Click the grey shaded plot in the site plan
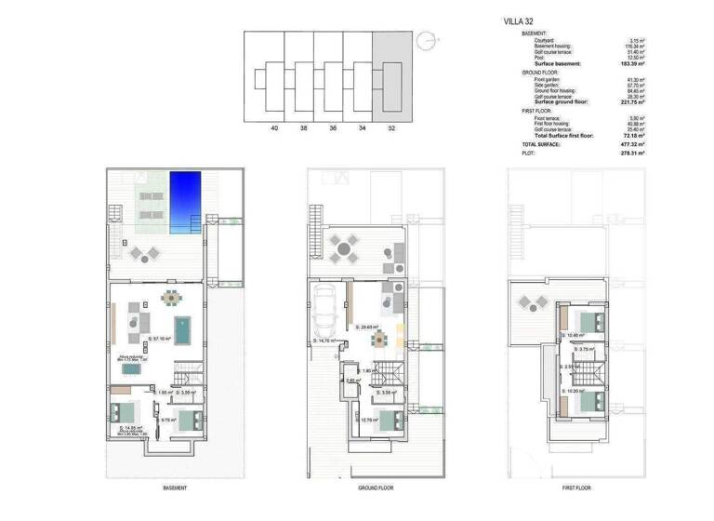pyautogui.click(x=390, y=74)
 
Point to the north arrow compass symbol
pyautogui.click(x=427, y=40)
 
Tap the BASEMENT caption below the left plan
pyautogui.click(x=174, y=488)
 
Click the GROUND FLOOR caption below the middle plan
pyautogui.click(x=377, y=488)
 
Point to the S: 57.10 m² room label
pyautogui.click(x=162, y=340)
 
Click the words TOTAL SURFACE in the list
pyautogui.click(x=541, y=145)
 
